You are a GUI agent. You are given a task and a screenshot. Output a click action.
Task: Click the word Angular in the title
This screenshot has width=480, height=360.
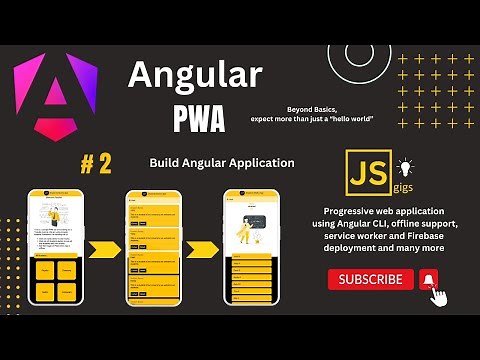coord(195,75)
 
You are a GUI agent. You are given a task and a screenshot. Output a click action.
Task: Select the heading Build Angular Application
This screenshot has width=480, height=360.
coord(222,162)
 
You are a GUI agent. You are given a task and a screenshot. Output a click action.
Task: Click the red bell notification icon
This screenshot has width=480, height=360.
coord(428,280)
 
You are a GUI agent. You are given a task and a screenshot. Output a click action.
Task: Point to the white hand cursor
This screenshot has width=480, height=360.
coord(436,295)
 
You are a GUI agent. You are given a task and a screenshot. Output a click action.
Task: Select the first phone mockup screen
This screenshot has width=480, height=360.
coord(55,247)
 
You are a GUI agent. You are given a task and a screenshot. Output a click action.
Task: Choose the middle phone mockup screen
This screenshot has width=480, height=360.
coord(152,247)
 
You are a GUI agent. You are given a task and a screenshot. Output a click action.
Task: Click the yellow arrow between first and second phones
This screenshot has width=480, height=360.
coord(104,248)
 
